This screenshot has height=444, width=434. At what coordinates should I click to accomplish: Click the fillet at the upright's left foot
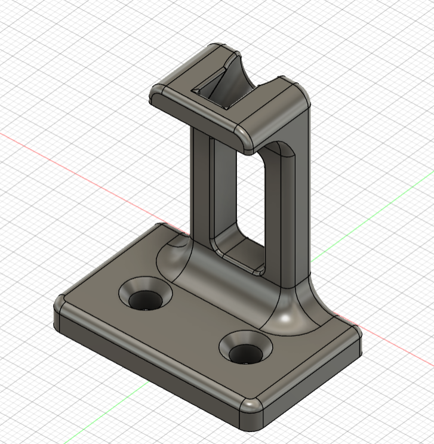tap(173, 257)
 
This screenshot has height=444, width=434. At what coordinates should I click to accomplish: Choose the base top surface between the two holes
tap(197, 325)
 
